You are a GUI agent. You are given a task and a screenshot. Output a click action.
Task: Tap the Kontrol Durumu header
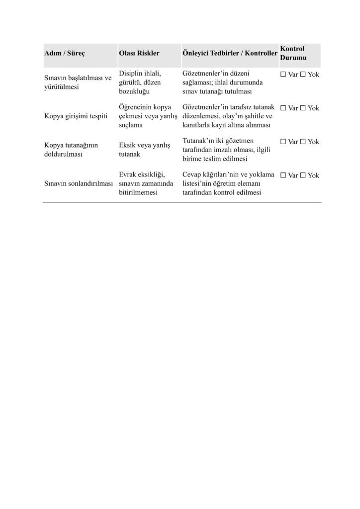tap(293, 54)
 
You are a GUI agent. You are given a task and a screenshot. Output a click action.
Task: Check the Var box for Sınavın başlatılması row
tap(283, 75)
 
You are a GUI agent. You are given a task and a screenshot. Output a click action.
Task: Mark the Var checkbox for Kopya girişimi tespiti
tap(283, 108)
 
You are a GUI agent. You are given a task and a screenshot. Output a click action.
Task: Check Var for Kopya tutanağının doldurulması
tap(283, 142)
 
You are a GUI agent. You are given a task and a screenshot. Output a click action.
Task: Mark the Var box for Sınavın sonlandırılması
tap(283, 175)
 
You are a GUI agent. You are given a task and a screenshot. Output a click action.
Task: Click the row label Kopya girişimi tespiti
tap(76, 116)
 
